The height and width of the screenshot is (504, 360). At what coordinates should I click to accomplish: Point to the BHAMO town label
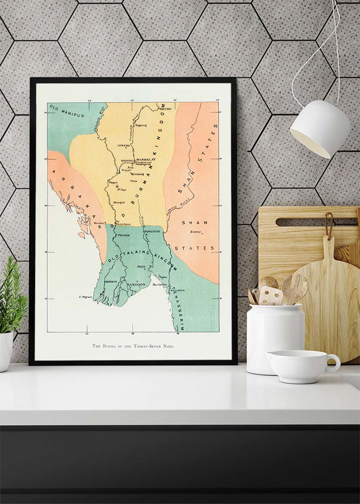click(x=165, y=109)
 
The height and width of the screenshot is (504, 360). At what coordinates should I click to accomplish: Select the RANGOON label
click(x=136, y=284)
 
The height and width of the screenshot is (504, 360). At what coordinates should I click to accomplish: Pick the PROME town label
click(x=124, y=235)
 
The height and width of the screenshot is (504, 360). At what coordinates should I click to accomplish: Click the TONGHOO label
click(x=152, y=231)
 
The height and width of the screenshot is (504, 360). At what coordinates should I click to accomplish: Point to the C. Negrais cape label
click(x=85, y=297)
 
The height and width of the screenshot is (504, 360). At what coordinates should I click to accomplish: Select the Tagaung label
click(x=141, y=125)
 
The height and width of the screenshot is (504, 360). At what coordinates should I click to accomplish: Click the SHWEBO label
click(x=123, y=145)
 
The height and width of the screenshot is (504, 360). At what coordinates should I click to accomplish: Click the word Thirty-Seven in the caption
click(x=144, y=346)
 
